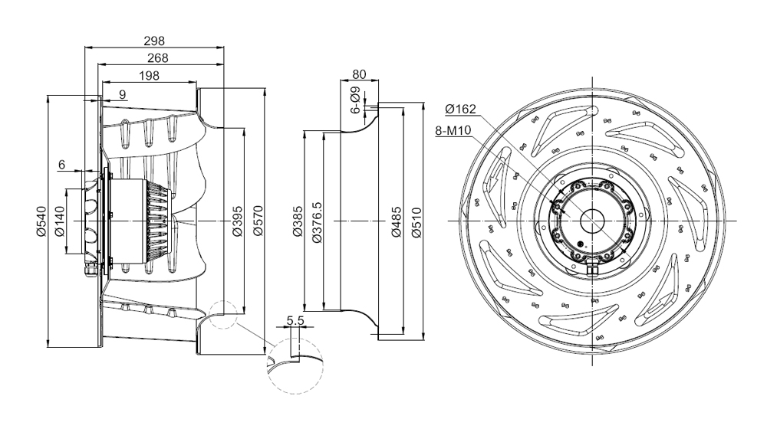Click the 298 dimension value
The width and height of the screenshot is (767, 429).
point(154,41)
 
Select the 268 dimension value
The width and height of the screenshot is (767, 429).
point(157,58)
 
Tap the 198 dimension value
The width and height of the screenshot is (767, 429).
point(150,75)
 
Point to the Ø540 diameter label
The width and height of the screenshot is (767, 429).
point(41,221)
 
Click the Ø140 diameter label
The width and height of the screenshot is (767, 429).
point(59,221)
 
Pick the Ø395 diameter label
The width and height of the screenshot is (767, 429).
point(237,221)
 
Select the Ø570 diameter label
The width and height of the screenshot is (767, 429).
point(258,221)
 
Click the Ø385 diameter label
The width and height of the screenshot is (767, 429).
point(298,221)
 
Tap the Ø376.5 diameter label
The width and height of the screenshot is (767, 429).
point(317,222)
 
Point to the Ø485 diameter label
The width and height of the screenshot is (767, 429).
point(397,222)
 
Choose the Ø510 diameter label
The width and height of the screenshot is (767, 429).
point(416,222)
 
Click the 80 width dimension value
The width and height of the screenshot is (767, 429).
point(359,74)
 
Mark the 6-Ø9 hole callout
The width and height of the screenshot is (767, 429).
point(356,100)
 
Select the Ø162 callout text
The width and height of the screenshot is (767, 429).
point(460,109)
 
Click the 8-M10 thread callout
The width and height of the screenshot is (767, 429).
point(453,130)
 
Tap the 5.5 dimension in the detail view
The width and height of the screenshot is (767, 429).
point(295,320)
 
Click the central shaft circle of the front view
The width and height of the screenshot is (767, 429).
point(592,221)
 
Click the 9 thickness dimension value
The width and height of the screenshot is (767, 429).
point(122,94)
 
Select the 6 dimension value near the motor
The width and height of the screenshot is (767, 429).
point(61,165)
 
